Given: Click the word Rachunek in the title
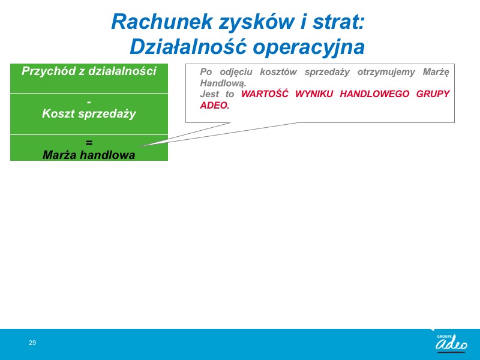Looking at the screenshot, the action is click(x=162, y=22).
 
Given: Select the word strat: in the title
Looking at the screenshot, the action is click(x=338, y=22).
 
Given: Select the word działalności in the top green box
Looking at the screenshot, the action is click(x=122, y=71).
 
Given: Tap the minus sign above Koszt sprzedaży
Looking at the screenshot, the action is click(x=89, y=102).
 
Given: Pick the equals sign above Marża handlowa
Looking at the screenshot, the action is click(x=89, y=143).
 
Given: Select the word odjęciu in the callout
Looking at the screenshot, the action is click(x=236, y=72).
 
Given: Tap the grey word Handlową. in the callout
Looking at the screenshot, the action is click(x=223, y=83).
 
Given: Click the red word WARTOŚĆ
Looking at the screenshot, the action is click(x=265, y=94).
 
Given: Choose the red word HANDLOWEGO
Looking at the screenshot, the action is click(x=374, y=94).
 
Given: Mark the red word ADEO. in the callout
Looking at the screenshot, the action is click(x=215, y=105).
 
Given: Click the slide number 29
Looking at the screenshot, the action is click(x=32, y=343).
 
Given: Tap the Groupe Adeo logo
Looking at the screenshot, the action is click(x=451, y=343).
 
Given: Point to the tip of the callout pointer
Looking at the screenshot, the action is click(x=142, y=146).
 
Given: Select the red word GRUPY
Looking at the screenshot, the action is click(x=433, y=94).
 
